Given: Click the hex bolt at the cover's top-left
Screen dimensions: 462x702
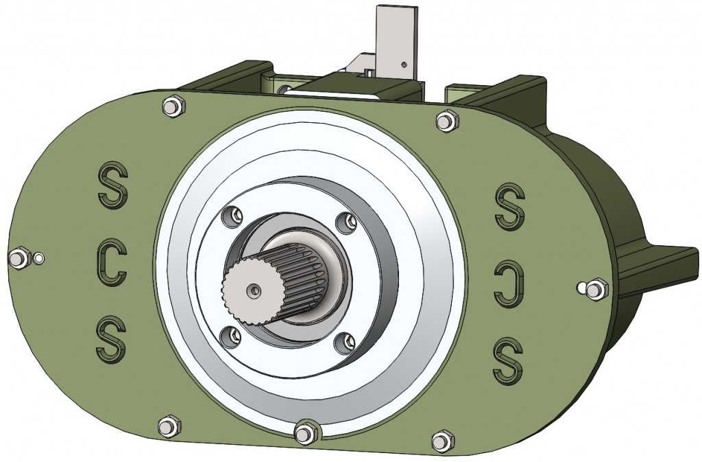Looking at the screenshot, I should [172, 106].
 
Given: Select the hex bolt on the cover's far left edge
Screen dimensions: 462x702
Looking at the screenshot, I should [19, 258].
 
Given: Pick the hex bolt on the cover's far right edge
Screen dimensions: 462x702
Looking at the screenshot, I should [598, 288].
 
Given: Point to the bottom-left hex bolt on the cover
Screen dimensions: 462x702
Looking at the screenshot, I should [167, 426].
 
